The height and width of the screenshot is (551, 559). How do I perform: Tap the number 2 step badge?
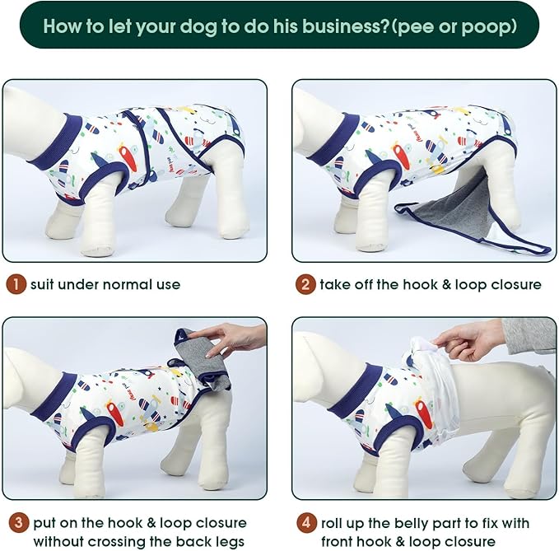306,285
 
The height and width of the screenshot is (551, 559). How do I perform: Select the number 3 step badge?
17,522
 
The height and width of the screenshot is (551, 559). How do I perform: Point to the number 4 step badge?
306,522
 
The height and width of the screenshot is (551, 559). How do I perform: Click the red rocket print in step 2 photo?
401,156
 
